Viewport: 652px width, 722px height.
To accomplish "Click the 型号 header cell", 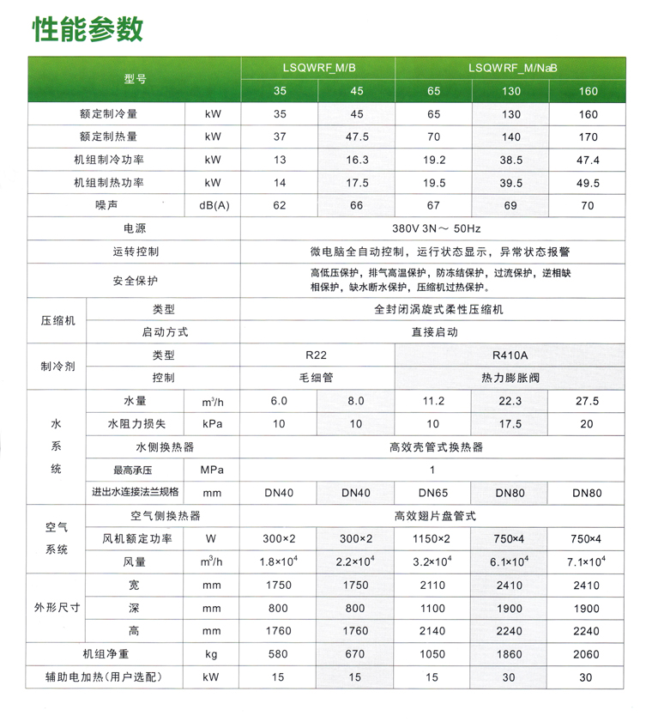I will [135, 79].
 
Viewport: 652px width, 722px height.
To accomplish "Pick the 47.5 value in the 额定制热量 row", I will [357, 137].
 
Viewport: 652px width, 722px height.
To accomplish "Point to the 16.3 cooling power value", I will [357, 160].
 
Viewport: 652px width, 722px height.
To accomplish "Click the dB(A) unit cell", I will [214, 205].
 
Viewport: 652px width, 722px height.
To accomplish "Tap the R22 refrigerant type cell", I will [317, 355].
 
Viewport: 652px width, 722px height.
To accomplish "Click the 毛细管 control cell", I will [317, 378].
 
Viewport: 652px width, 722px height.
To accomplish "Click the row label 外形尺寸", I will [57, 608].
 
